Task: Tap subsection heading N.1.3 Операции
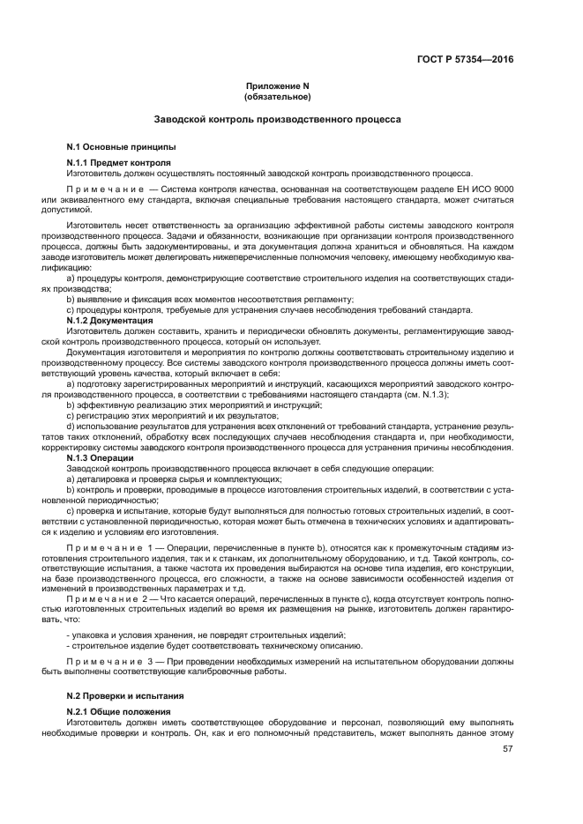pos(100,458)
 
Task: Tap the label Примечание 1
pos(112,548)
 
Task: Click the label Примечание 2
pos(112,599)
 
